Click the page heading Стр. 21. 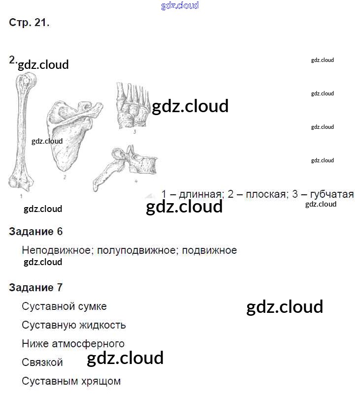click(x=29, y=23)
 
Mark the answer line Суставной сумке click(x=64, y=306)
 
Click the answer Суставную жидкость click(x=74, y=325)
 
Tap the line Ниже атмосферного click(x=73, y=344)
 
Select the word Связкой click(x=42, y=363)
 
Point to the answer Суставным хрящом click(x=71, y=381)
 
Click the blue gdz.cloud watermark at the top click(x=180, y=6)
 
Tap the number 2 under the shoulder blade click(x=65, y=177)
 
